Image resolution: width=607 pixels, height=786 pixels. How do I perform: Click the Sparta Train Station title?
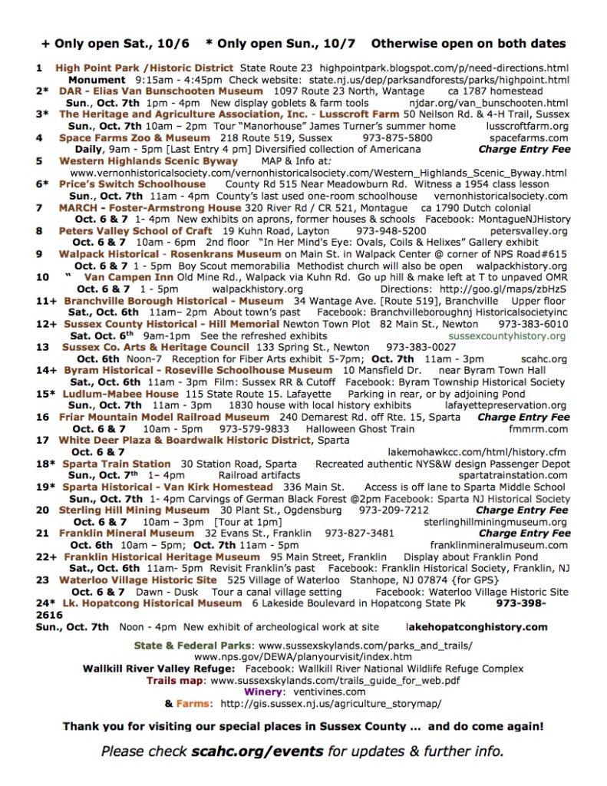point(117,464)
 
